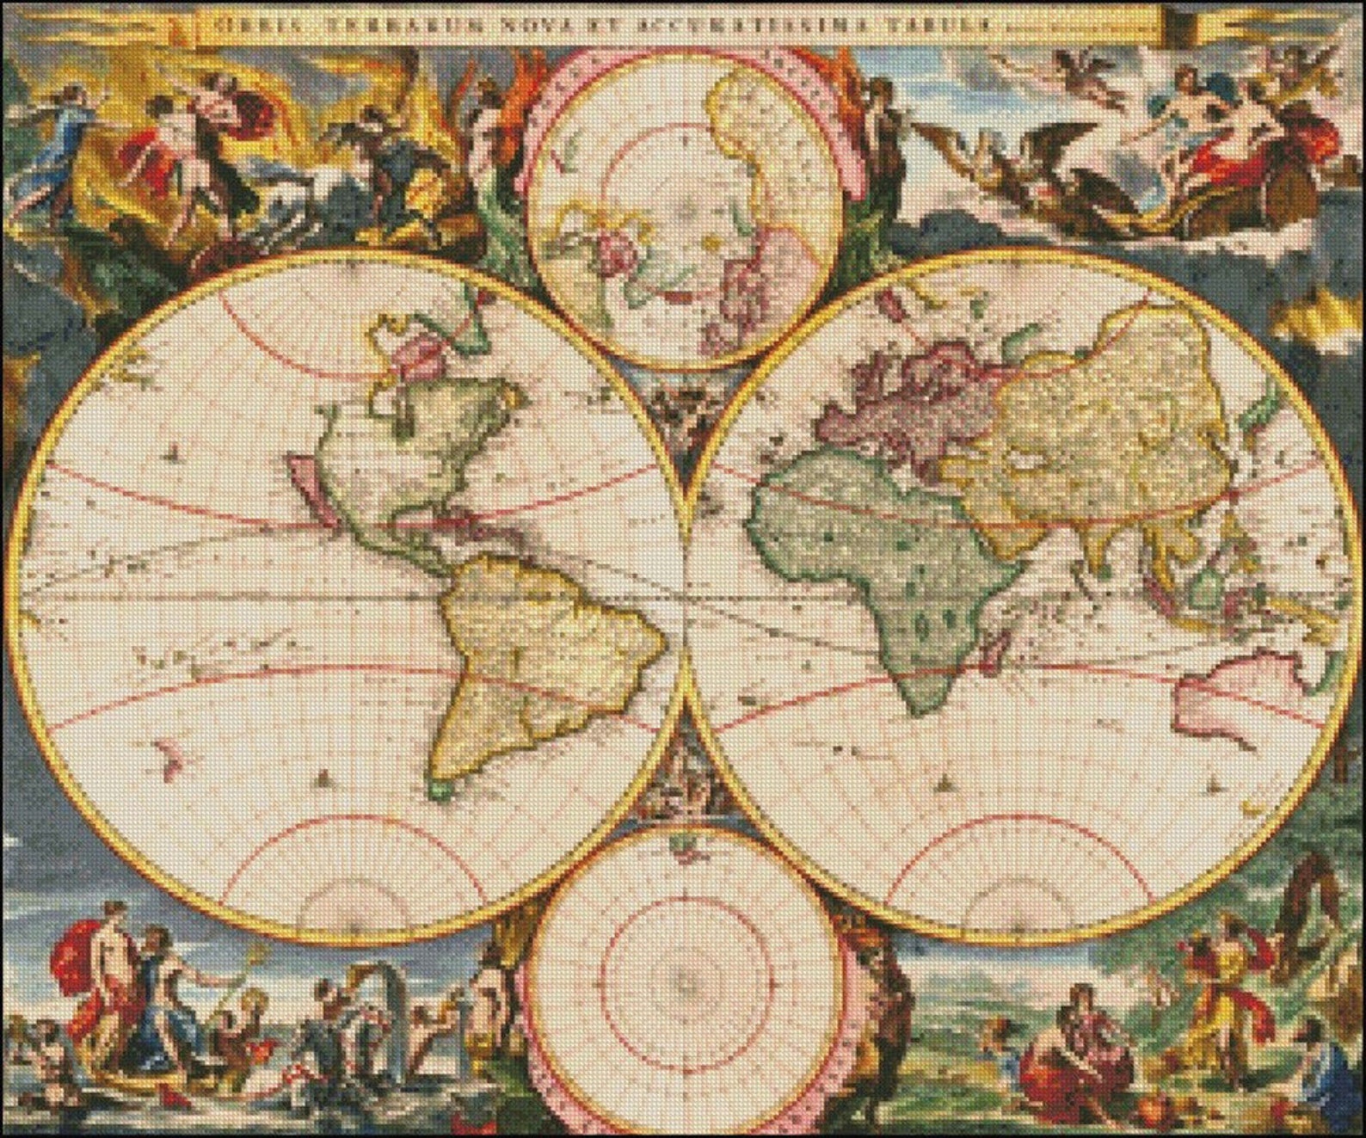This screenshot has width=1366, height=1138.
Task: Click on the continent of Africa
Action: [x=869, y=559]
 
